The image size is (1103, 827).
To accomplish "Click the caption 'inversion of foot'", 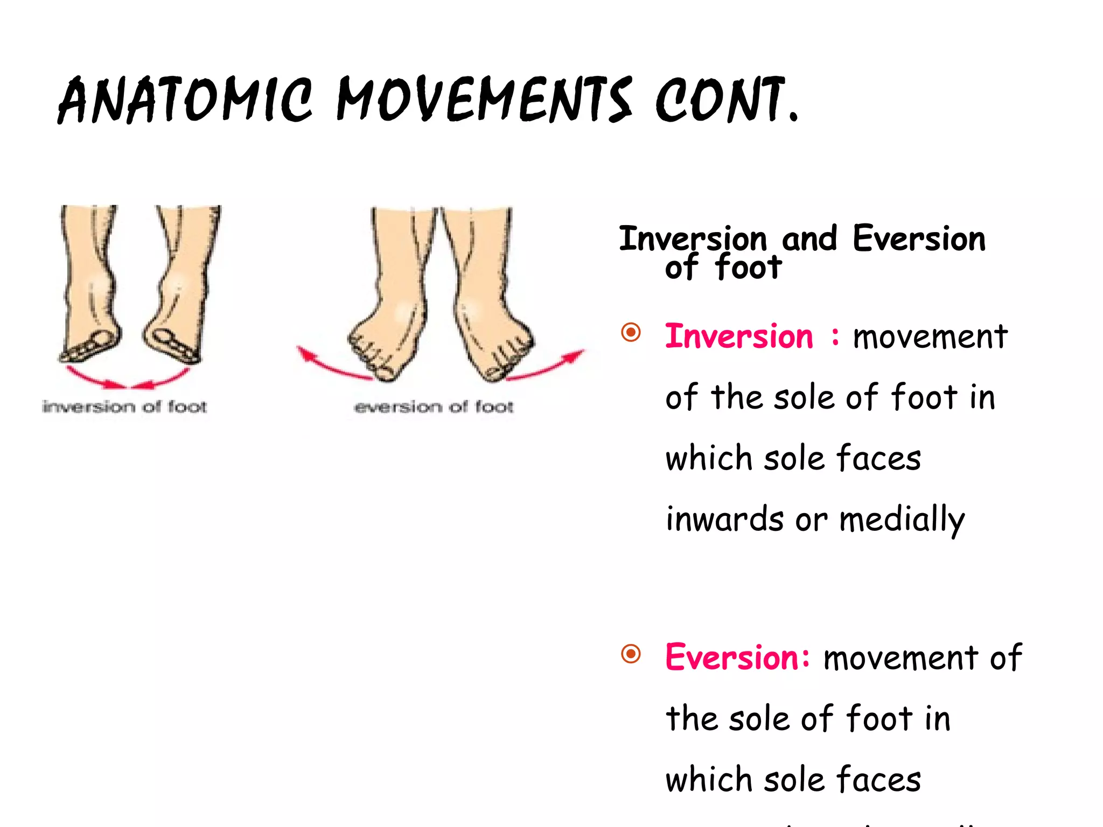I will point(124,407).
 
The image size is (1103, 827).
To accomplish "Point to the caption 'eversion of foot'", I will point(434,407).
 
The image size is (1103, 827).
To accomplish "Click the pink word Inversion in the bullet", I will point(738,337).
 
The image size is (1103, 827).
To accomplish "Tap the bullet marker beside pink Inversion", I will point(631,332).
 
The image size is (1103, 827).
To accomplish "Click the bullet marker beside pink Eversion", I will point(631,654).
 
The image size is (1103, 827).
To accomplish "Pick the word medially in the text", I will point(902,520).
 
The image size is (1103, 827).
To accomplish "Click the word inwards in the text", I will point(724,519).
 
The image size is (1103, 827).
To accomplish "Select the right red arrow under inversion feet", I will point(162,378).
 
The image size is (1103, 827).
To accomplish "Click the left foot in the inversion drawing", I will point(89,285).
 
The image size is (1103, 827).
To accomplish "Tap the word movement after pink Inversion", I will point(930,337).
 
